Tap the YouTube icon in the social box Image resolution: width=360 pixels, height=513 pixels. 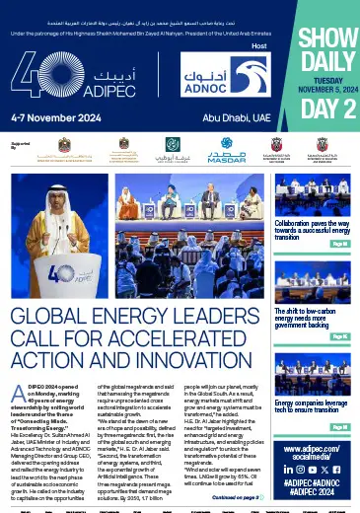coord(314,470)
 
